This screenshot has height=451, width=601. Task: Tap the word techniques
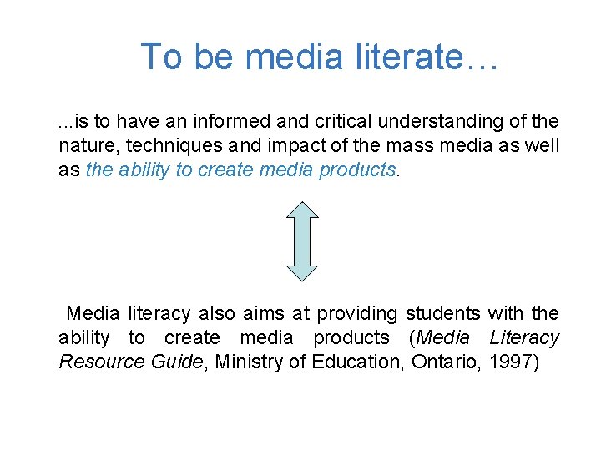(x=163, y=145)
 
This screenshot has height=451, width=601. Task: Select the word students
(x=442, y=314)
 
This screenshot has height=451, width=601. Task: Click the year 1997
(x=515, y=362)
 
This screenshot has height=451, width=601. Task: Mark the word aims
(x=262, y=314)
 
